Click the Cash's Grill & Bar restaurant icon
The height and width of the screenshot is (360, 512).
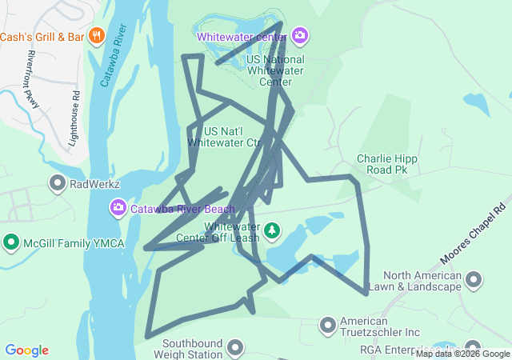tap(96, 35)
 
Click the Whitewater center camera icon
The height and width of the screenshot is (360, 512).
tap(300, 35)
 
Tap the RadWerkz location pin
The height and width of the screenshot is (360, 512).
tap(58, 184)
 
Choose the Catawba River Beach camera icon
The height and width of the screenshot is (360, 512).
tap(118, 209)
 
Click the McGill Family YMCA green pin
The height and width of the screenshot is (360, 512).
tap(11, 242)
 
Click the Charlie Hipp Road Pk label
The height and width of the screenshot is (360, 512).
tap(389, 164)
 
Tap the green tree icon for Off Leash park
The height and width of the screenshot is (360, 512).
tap(273, 232)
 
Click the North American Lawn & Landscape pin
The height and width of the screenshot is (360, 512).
tap(474, 280)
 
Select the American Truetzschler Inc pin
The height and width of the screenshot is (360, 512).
tap(327, 325)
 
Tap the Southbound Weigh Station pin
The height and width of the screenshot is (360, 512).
tap(234, 347)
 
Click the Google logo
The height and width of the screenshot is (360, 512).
tap(26, 350)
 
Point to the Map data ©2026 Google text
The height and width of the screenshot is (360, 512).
tap(462, 354)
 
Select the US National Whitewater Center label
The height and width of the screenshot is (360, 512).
tap(276, 70)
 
